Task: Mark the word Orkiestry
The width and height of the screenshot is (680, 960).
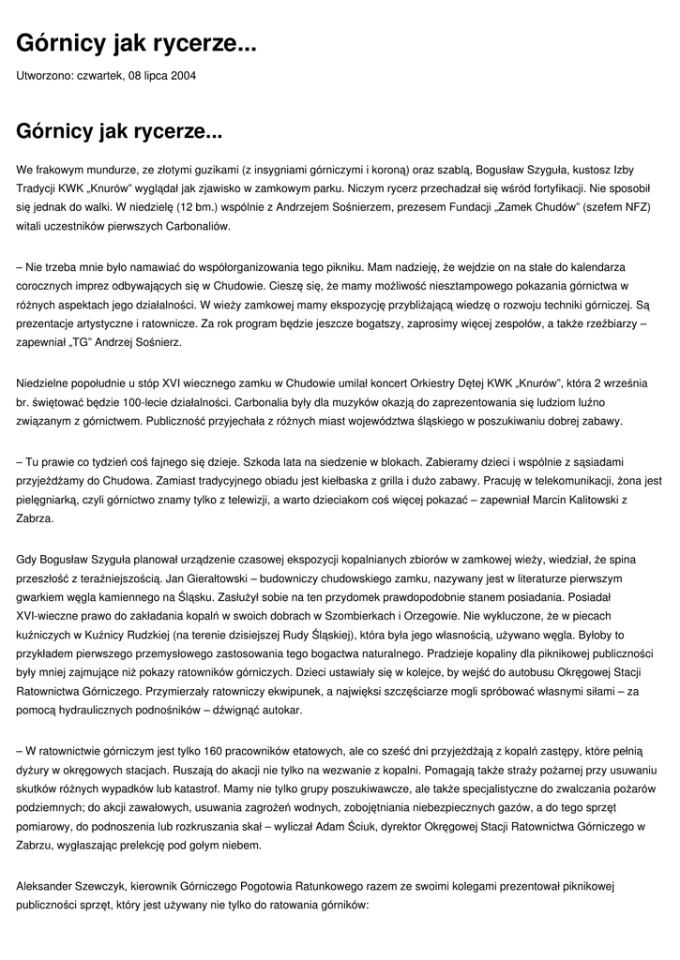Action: [392, 383]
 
